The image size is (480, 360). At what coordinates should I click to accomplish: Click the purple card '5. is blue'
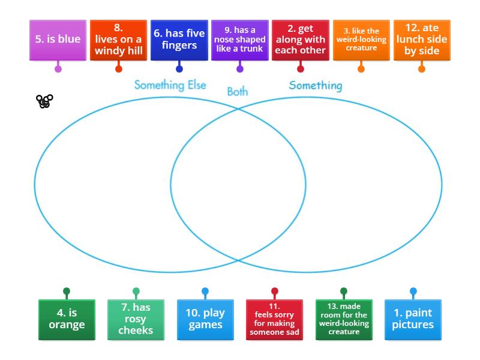click(58, 40)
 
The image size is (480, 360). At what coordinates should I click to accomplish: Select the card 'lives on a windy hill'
click(118, 40)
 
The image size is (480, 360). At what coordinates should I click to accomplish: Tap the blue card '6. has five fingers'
click(179, 40)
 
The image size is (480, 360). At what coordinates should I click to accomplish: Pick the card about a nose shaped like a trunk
click(239, 40)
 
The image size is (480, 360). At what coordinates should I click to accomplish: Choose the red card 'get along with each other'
click(300, 40)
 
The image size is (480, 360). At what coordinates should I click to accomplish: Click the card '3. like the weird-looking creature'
click(361, 40)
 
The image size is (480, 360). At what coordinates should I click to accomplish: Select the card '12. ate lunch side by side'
click(421, 40)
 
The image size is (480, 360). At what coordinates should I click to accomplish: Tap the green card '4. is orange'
click(67, 319)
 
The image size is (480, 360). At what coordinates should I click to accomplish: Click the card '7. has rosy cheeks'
click(136, 319)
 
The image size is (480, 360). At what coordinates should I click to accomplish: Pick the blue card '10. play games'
click(205, 319)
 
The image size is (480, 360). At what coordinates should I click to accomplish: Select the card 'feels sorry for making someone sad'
click(274, 319)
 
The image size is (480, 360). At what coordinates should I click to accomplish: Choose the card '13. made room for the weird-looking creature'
click(344, 319)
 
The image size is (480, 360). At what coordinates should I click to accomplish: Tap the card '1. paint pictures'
click(413, 319)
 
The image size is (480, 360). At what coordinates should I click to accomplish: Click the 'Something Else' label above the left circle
click(170, 85)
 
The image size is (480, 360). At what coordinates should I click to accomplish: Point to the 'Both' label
click(237, 92)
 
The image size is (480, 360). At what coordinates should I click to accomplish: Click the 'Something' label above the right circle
click(316, 85)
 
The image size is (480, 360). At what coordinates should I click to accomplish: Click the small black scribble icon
click(44, 101)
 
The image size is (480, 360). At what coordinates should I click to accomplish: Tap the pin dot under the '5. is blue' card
click(58, 69)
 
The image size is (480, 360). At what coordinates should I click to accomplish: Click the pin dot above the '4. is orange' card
click(67, 292)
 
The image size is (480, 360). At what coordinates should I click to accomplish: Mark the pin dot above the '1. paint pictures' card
click(413, 292)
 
